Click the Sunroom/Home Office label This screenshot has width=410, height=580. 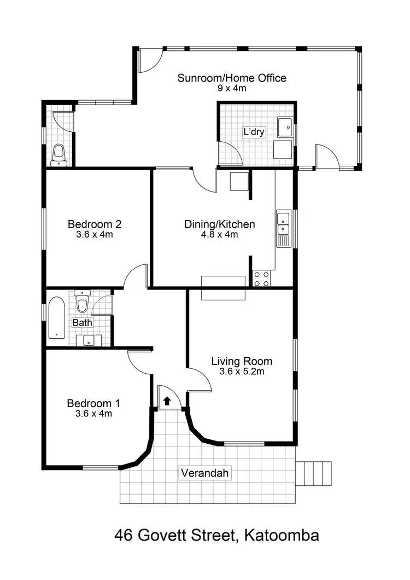(231, 78)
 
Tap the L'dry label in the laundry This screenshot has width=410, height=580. (253, 132)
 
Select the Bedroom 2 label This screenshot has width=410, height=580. (94, 224)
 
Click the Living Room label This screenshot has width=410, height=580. (242, 361)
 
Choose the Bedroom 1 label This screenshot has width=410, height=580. (93, 403)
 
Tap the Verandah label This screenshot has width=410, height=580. (204, 473)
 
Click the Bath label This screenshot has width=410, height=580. (83, 323)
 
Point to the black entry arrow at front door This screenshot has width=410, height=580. (167, 401)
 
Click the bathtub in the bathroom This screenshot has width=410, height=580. (56, 318)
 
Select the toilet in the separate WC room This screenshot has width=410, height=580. (58, 155)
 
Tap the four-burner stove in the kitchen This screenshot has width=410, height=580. (262, 278)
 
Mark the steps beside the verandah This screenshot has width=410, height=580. (314, 473)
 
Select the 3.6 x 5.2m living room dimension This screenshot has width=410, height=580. (242, 372)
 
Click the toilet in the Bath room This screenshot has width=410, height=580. (82, 304)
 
